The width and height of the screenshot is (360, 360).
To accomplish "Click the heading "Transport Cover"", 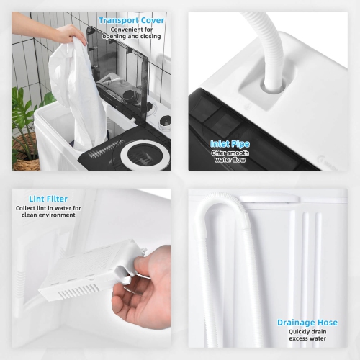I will click(132, 20).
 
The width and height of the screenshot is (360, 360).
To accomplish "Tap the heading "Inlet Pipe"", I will click(230, 144).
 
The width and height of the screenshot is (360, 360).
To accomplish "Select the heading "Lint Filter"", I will click(48, 199).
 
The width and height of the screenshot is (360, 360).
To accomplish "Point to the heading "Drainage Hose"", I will click(307, 323).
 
